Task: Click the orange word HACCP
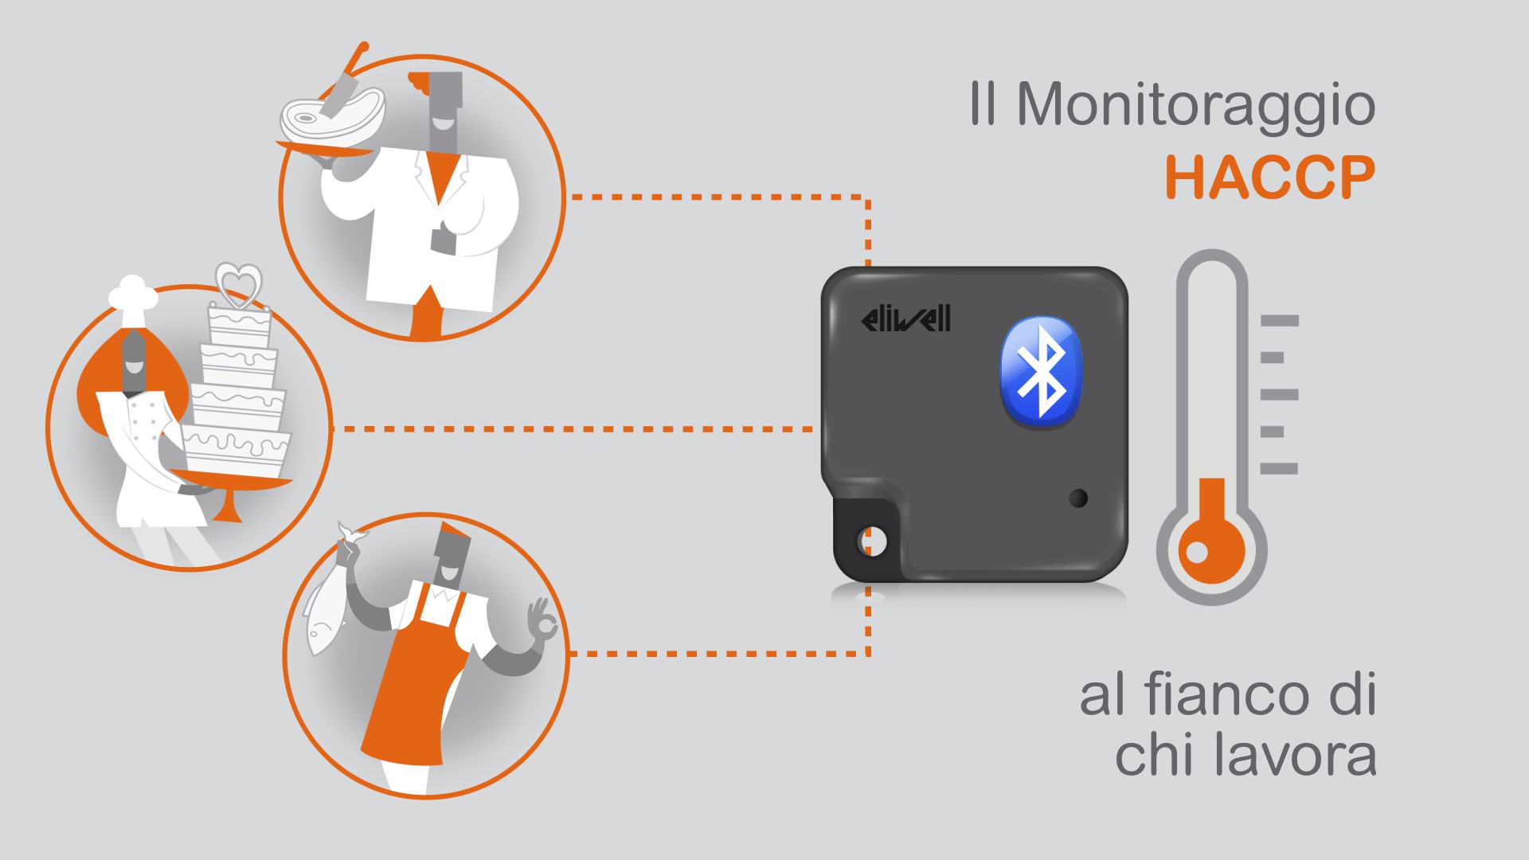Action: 1270,177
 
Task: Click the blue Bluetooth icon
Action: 1041,370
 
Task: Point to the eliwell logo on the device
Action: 906,319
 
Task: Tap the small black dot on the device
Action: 1078,498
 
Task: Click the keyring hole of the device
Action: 871,541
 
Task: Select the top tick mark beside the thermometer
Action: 1280,321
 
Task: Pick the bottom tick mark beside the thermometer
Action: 1280,469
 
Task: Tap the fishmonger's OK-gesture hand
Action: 542,619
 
